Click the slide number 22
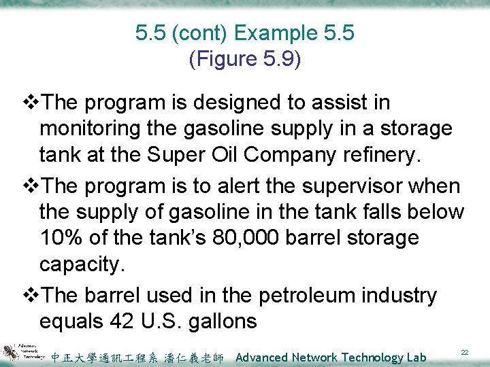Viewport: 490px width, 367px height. coord(465,352)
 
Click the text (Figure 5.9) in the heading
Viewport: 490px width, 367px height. coord(244,60)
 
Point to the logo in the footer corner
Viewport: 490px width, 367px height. coord(24,352)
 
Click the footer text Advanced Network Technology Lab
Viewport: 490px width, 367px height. coord(331,357)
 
